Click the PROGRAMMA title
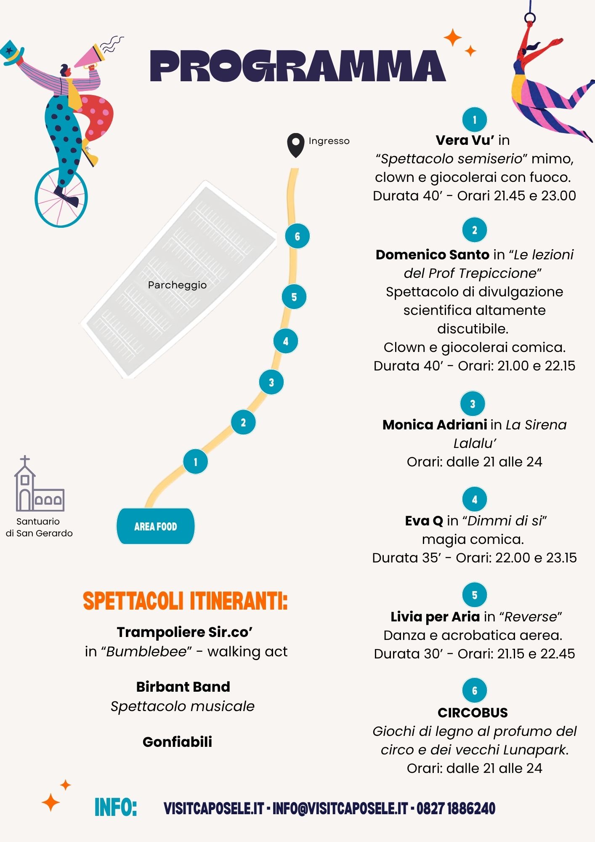click(x=298, y=66)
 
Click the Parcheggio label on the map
click(x=177, y=285)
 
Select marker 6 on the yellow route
click(x=297, y=236)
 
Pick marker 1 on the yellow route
click(x=195, y=462)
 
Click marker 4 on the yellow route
click(x=286, y=341)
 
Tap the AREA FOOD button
click(x=156, y=526)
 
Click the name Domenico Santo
click(x=433, y=255)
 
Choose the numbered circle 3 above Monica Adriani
click(x=473, y=404)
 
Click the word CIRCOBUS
click(x=473, y=713)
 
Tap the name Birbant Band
click(x=183, y=687)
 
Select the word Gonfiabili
click(x=177, y=742)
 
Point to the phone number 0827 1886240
click(x=456, y=809)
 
